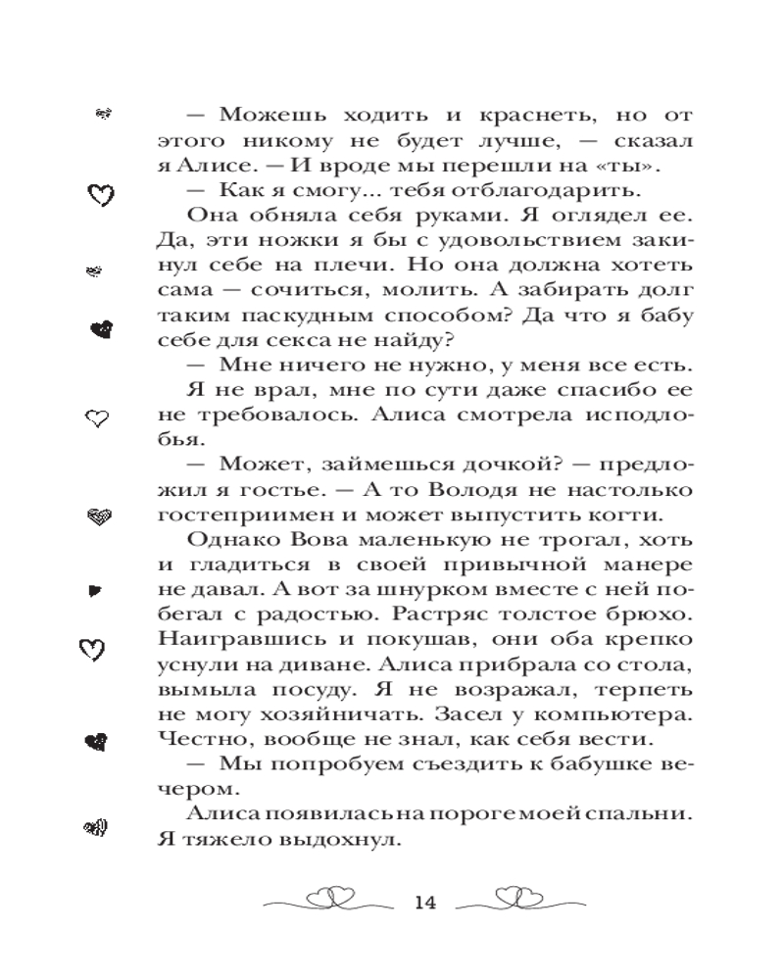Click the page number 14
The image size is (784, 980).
[423, 903]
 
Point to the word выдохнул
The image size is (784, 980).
[344, 839]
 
